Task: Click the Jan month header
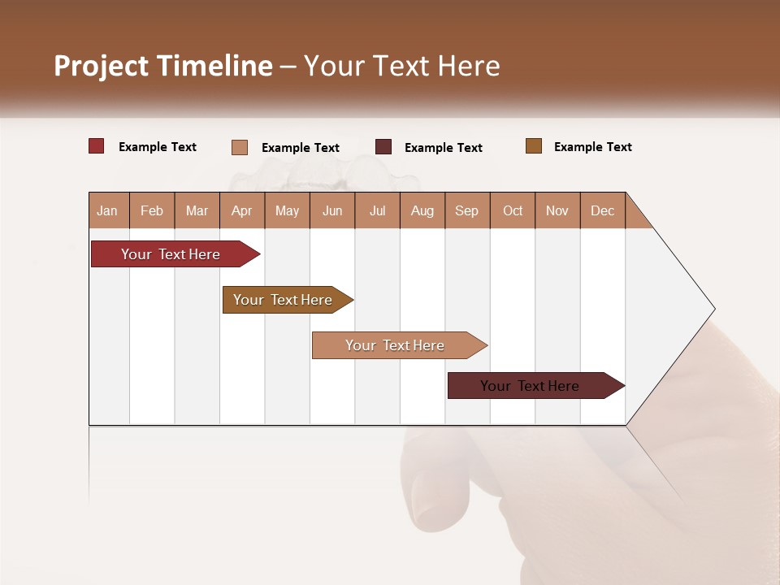[107, 210]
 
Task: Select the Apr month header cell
[242, 210]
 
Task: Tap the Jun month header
[332, 210]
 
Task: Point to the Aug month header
[422, 210]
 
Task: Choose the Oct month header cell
[513, 210]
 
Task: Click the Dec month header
[603, 210]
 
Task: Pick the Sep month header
[467, 210]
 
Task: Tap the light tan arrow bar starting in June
[396, 345]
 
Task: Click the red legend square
[97, 146]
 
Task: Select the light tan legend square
[240, 147]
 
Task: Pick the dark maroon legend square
[383, 147]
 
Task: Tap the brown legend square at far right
[534, 146]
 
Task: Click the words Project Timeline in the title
[162, 66]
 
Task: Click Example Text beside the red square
[158, 147]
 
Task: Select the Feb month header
[152, 210]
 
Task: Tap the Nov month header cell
[557, 210]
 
